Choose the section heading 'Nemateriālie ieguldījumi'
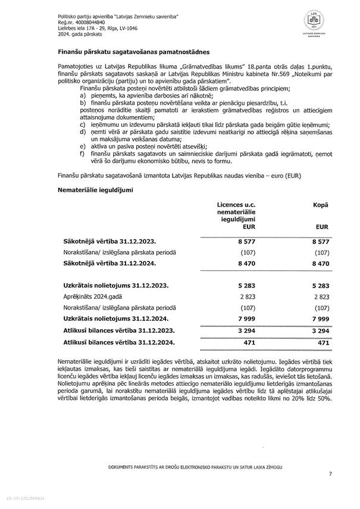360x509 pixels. pyautogui.click(x=95, y=189)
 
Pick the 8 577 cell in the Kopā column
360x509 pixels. pyautogui.click(x=320, y=241)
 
